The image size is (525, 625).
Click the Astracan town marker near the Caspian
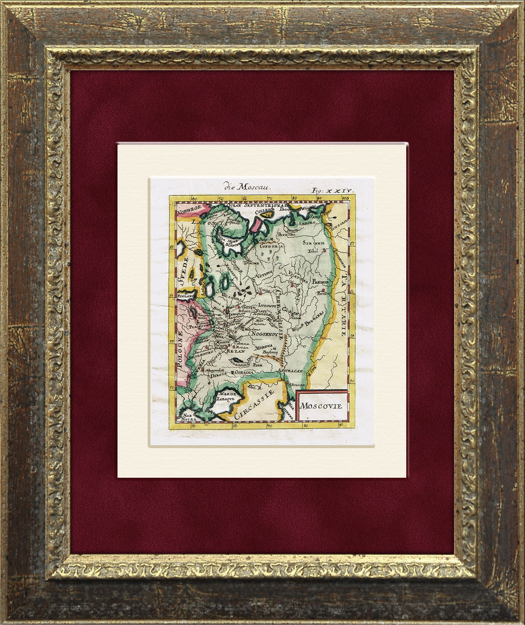[x=288, y=383]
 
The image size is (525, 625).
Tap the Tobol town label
[x=313, y=251]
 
